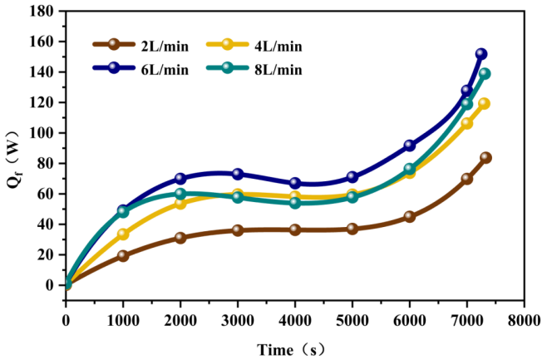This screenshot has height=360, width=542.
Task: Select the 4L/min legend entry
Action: pyautogui.click(x=258, y=45)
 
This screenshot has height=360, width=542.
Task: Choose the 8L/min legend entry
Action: pyautogui.click(x=258, y=69)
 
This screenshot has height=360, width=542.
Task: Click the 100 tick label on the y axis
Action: pyautogui.click(x=44, y=133)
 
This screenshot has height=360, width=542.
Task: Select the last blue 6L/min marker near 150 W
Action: pyautogui.click(x=480, y=54)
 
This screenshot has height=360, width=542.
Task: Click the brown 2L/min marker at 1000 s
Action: pyautogui.click(x=123, y=256)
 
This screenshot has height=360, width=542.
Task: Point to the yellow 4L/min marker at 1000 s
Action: pyautogui.click(x=123, y=234)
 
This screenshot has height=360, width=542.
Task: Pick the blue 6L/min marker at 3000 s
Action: pyautogui.click(x=238, y=174)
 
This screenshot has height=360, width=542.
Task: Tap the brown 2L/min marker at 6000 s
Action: pyautogui.click(x=409, y=216)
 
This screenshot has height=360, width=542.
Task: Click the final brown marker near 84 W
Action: pyautogui.click(x=485, y=157)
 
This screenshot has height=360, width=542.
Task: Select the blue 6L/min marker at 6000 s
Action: pyautogui.click(x=409, y=145)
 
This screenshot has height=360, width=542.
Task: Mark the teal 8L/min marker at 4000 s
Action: pyautogui.click(x=294, y=203)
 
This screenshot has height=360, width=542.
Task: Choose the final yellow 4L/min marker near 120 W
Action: pyautogui.click(x=484, y=104)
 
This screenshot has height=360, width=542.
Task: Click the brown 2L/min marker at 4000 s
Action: pyautogui.click(x=294, y=229)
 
